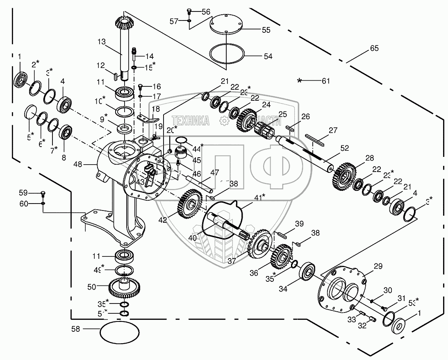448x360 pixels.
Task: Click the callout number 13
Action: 102,41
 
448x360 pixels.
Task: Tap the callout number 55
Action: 266,30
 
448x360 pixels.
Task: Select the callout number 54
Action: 268,56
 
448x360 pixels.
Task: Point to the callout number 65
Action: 374,48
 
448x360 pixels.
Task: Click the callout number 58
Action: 76,328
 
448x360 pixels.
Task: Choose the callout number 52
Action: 344,148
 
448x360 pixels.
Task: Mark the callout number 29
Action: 378,266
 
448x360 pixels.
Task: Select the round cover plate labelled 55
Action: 225,25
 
